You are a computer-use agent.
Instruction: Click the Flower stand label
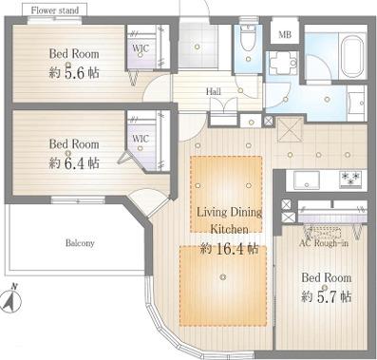[54, 10]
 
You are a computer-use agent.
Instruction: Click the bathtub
[351, 57]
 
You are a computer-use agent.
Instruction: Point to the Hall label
[214, 92]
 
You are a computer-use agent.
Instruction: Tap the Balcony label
[80, 243]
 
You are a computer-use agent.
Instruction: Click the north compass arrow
[11, 299]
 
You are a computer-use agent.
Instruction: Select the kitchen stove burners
[350, 180]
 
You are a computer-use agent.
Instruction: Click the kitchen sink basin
[306, 180]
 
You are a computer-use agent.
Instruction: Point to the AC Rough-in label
[324, 243]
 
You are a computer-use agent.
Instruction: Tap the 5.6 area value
[74, 73]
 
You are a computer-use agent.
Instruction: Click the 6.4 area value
[74, 163]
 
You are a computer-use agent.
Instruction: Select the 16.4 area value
[230, 249]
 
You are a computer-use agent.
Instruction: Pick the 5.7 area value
[327, 297]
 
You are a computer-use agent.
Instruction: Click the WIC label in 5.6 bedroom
[141, 48]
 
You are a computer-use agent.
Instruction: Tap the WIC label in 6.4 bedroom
[141, 139]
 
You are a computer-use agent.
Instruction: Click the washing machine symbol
[283, 63]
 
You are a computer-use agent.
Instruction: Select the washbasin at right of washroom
[356, 103]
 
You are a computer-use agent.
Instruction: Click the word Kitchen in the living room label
[229, 229]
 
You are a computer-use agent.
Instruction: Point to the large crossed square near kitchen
[291, 130]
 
